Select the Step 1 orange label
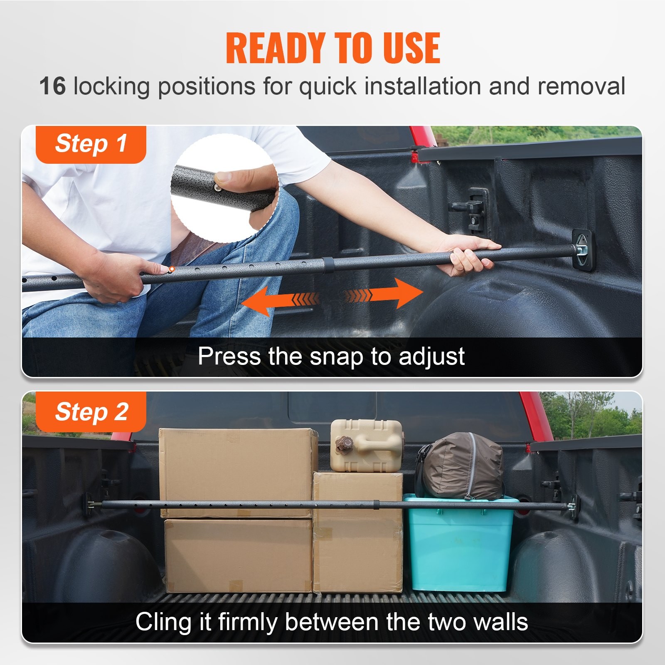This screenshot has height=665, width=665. pos(91,144)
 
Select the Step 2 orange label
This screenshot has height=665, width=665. pos(91,412)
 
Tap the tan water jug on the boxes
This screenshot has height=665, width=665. pos(366,445)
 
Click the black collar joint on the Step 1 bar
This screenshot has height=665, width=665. pos(328,265)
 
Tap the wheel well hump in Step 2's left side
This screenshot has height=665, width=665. pos(108,561)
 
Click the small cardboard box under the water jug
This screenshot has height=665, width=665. pos(357,532)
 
